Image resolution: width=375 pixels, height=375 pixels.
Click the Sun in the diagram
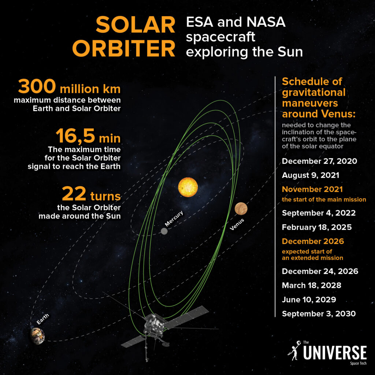coord(188,187)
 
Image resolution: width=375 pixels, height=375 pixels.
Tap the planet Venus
coord(241,208)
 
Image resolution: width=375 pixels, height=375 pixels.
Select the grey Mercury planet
coord(164,231)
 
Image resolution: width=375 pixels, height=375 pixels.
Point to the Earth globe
coord(38,336)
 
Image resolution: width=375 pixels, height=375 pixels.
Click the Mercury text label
coord(174,218)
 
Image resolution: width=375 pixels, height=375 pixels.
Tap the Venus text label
coord(237,224)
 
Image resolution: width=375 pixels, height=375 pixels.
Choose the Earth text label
coord(43,319)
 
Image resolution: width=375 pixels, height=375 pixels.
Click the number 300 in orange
coord(37,86)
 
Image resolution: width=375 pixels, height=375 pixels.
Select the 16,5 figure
coord(75,136)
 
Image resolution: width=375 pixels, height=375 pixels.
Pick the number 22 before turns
coord(74,194)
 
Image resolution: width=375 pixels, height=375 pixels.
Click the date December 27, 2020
coord(319,161)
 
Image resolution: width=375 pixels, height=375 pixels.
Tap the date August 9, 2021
coord(311,175)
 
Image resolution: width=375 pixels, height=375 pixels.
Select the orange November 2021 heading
coord(312,189)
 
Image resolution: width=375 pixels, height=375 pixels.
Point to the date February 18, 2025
coord(317,227)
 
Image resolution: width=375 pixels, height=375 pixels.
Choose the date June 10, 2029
coord(309,300)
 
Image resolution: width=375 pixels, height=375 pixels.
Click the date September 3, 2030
coord(319,314)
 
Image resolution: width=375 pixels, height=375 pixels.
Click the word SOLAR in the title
coord(135,25)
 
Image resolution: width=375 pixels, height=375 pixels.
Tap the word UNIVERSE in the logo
coord(335,352)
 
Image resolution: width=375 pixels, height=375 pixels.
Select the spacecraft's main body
coord(154,325)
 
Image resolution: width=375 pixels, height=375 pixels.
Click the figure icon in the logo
coord(294,350)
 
